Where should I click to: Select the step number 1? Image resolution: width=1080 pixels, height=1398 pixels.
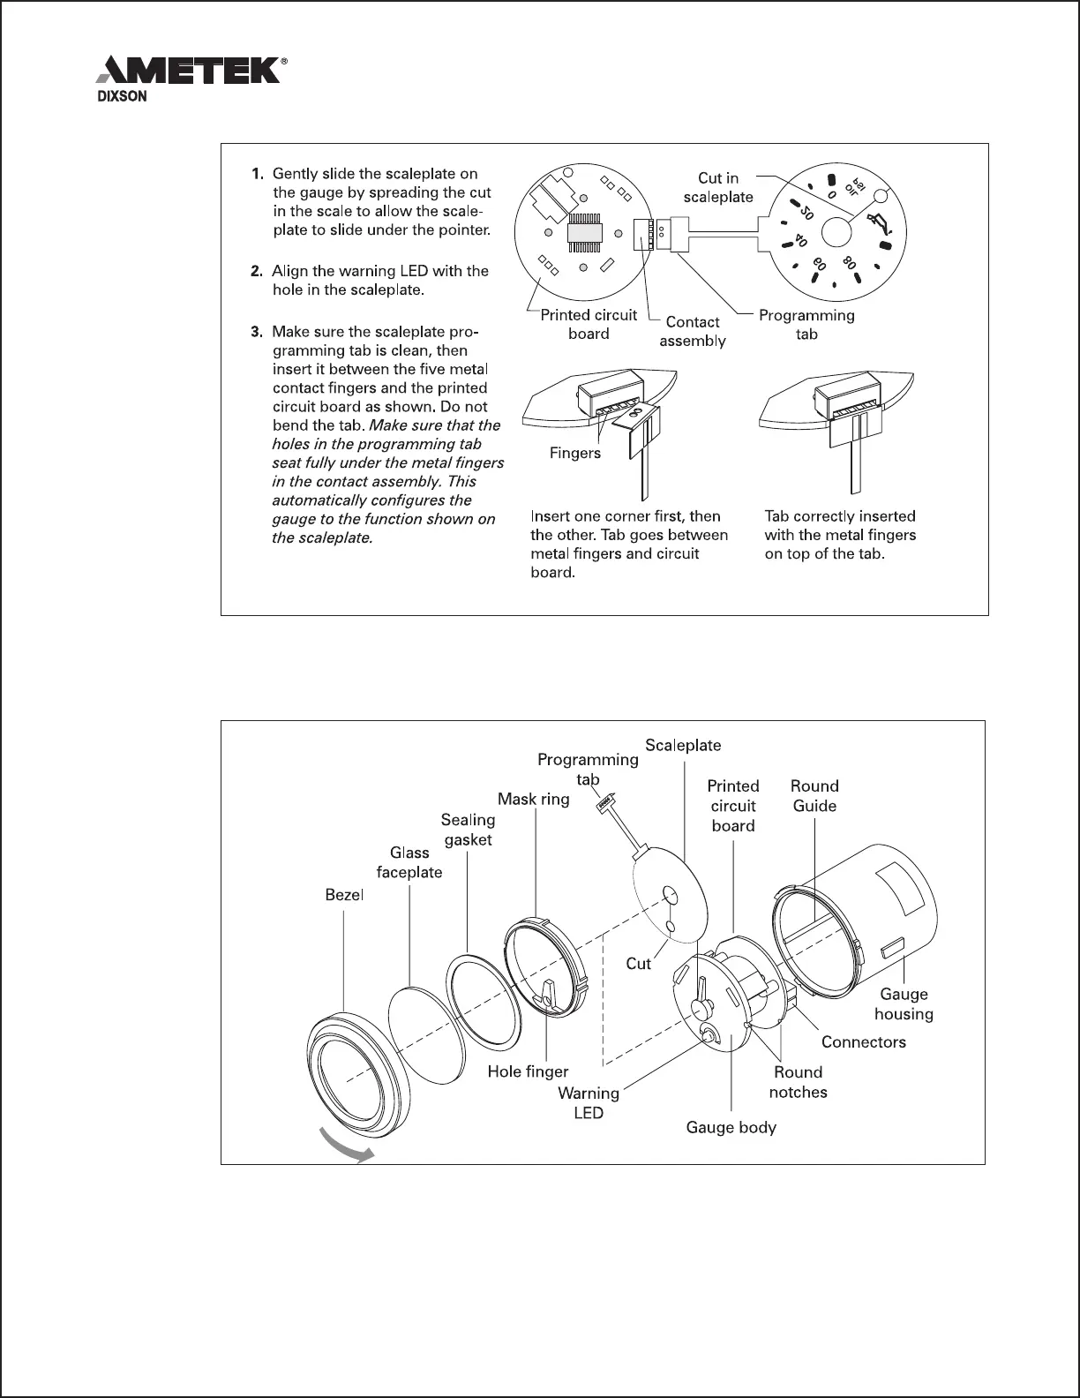(257, 174)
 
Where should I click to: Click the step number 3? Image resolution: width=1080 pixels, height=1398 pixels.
(257, 333)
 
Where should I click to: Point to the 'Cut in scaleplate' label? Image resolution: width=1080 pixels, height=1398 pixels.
(718, 188)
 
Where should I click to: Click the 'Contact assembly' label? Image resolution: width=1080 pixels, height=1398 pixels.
(693, 332)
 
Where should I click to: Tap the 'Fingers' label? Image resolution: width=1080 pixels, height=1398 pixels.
(575, 453)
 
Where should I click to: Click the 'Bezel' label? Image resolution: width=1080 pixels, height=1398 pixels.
(344, 895)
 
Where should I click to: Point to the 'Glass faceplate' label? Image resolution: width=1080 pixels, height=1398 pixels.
(409, 862)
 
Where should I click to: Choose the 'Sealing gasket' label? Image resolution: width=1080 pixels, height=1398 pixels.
(468, 830)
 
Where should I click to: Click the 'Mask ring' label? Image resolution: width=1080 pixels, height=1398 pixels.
(534, 799)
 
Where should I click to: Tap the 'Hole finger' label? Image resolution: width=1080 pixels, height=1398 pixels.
(529, 1071)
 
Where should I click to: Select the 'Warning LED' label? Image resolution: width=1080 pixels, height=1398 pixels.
(589, 1103)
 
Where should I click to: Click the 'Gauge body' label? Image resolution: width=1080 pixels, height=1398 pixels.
(731, 1127)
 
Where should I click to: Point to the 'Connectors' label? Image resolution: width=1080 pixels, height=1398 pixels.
(863, 1041)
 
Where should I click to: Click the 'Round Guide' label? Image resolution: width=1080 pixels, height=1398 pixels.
(814, 795)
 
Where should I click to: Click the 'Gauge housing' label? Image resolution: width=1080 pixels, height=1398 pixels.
(904, 1004)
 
